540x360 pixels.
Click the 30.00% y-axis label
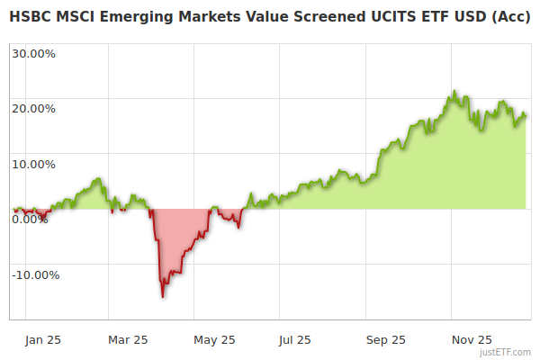click(x=33, y=53)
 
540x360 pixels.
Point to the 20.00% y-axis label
click(x=33, y=109)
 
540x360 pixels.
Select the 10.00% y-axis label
click(x=33, y=165)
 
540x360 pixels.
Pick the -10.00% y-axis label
click(x=35, y=275)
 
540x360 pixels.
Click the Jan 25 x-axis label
click(x=42, y=340)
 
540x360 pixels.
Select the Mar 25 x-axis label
click(x=128, y=340)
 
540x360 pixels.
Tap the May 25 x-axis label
click(x=214, y=340)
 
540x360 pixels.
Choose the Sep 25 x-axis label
click(x=386, y=340)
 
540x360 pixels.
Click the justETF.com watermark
click(x=505, y=353)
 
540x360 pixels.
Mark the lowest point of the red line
click(x=163, y=296)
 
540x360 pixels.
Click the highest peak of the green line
click(x=455, y=91)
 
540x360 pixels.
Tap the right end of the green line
click(x=526, y=115)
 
